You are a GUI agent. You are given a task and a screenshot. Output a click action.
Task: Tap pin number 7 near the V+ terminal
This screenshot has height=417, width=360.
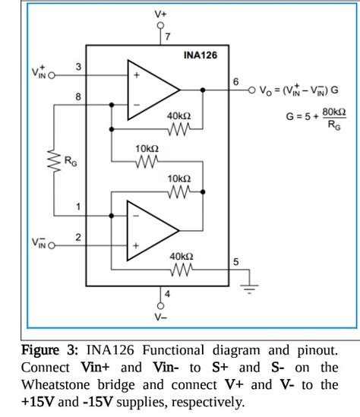click(x=168, y=36)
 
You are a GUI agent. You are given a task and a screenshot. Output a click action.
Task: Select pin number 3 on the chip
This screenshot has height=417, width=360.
click(x=77, y=68)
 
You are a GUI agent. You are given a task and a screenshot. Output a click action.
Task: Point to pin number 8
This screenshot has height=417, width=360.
click(x=77, y=97)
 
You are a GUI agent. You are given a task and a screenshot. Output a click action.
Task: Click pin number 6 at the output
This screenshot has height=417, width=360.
click(x=235, y=81)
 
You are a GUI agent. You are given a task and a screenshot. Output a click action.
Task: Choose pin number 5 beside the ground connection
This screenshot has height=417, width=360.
click(x=235, y=262)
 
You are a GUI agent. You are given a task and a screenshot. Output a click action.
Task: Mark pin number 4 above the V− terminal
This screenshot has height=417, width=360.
click(x=168, y=293)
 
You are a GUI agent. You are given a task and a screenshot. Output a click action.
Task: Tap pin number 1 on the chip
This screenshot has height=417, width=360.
click(x=77, y=207)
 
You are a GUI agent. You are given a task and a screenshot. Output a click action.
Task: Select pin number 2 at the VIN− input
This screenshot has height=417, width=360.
click(x=77, y=238)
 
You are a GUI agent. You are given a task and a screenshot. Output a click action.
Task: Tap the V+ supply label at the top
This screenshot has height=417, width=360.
click(x=160, y=13)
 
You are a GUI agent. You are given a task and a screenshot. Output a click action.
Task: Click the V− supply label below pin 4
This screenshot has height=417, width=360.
click(x=160, y=317)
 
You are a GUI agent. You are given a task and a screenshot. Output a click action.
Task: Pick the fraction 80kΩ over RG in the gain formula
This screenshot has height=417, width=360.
click(x=333, y=119)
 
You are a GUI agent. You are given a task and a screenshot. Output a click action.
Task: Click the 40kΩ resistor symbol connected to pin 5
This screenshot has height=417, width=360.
click(x=179, y=270)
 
